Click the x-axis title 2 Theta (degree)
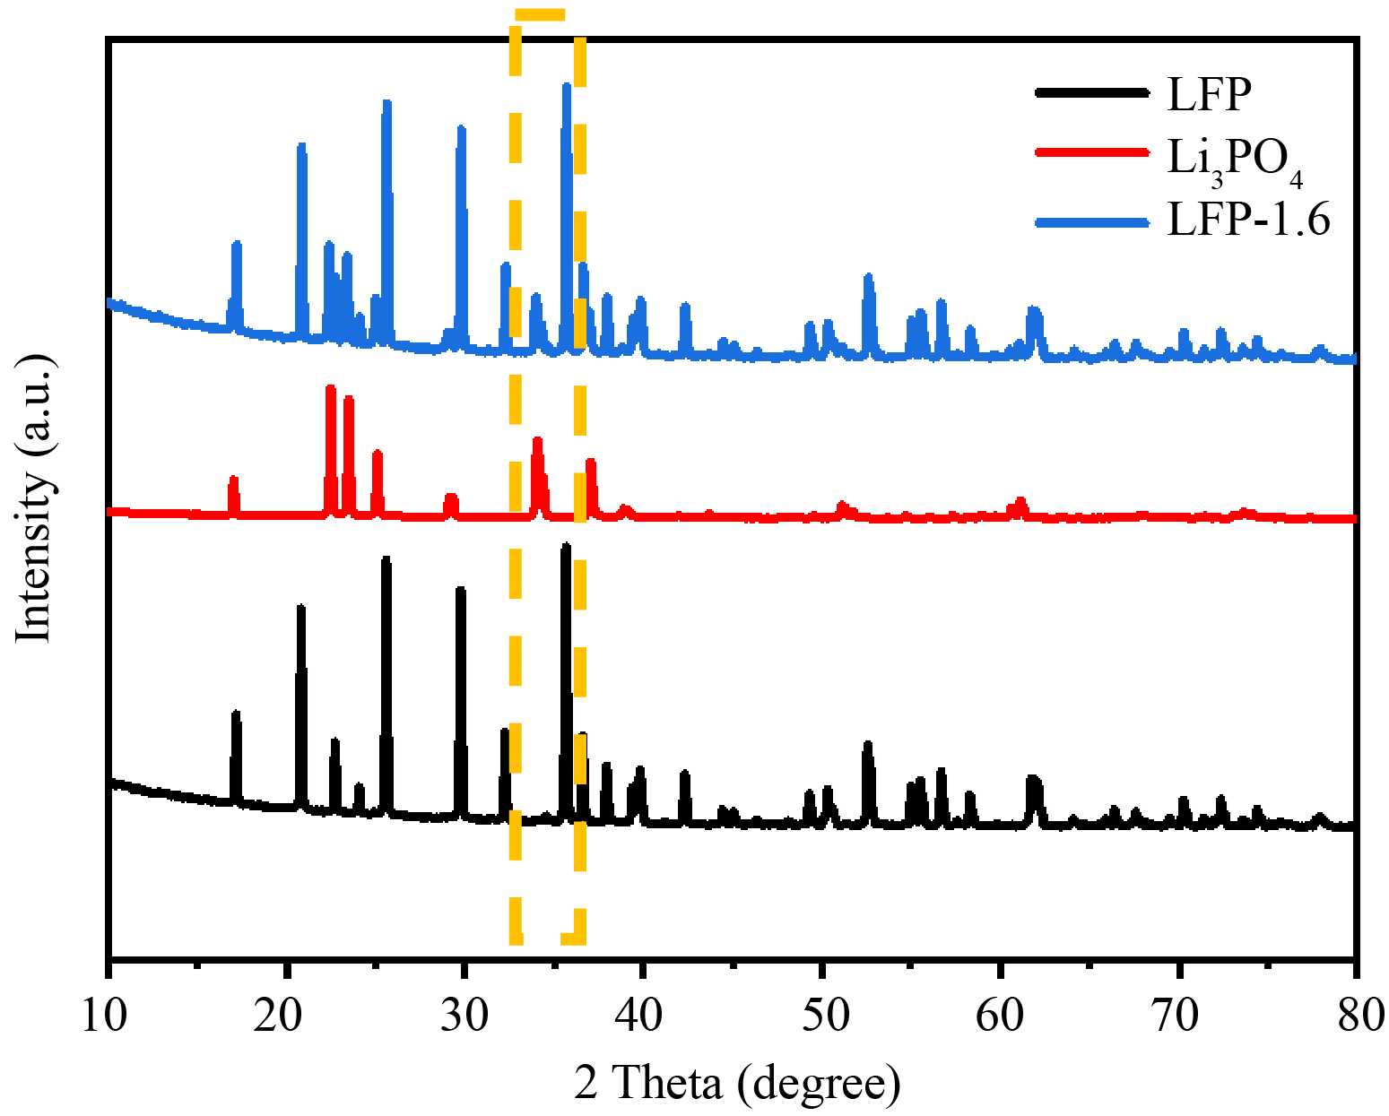click(x=737, y=1084)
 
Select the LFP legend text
click(x=1208, y=93)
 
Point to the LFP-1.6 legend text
click(x=1248, y=220)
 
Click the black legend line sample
click(x=1091, y=92)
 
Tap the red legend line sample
click(x=1091, y=151)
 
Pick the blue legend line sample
click(x=1091, y=221)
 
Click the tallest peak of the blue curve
click(x=566, y=86)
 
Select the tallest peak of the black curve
click(x=566, y=546)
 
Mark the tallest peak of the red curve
click(x=330, y=388)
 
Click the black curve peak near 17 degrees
click(x=236, y=714)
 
